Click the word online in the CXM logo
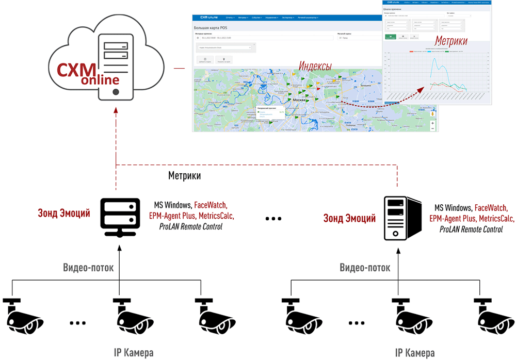101,80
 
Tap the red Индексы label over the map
315,66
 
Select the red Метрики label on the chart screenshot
451,41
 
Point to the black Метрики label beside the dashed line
184,176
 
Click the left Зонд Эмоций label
64,213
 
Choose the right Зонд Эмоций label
349,218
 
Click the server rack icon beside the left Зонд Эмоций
119,217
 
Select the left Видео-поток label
88,267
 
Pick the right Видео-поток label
365,268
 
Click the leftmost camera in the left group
23,315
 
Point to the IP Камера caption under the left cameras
134,353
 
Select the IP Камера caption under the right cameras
415,353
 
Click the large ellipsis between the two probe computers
273,219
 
